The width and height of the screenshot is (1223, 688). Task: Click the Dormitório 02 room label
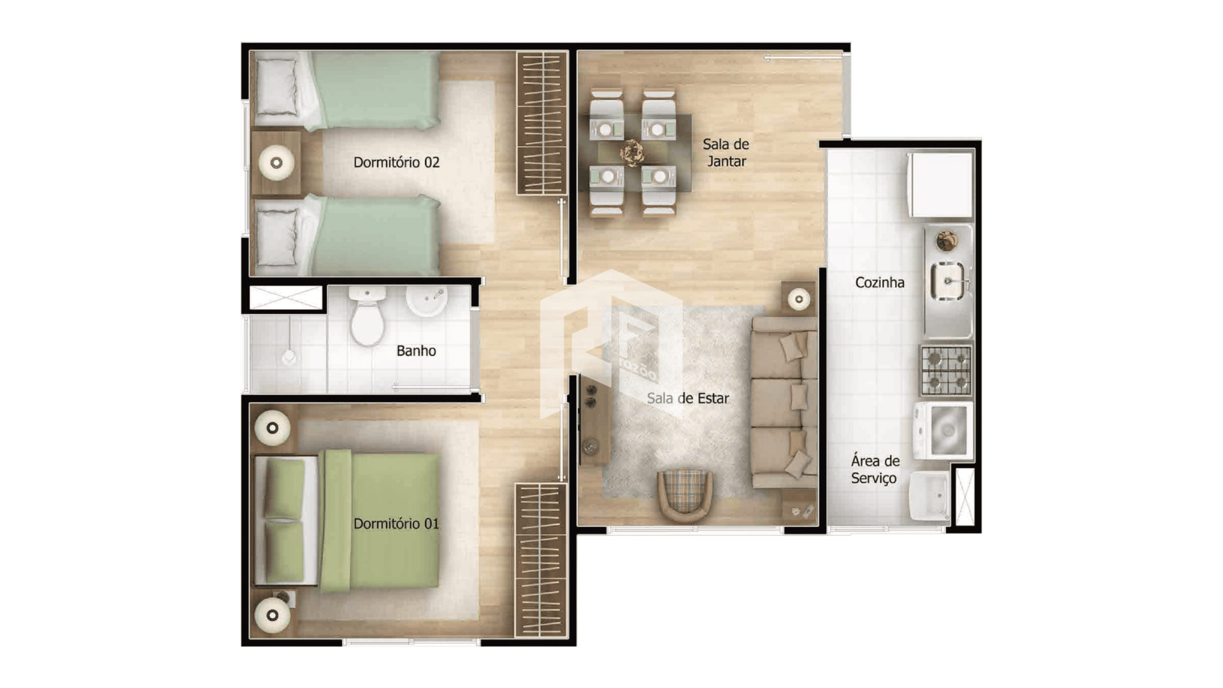point(396,162)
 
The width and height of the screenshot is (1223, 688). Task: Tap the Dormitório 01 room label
point(396,524)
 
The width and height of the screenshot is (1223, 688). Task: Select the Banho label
point(416,350)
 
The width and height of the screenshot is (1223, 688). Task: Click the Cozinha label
point(880,282)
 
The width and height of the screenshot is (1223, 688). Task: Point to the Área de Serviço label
point(875,469)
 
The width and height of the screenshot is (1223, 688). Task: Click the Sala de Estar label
point(688,398)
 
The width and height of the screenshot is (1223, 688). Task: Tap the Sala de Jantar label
point(726,153)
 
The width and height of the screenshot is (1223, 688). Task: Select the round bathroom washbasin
point(426,300)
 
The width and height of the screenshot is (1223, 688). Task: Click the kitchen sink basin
point(948,281)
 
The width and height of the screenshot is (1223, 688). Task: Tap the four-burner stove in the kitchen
point(946,370)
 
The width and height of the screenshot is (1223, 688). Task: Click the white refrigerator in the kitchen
point(940,185)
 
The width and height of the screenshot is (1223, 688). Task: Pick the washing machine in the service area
point(943,431)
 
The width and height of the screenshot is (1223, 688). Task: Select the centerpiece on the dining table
point(632,152)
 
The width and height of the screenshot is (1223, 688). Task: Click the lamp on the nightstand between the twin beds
point(276,162)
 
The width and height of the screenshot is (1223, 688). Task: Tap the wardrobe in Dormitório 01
point(541,560)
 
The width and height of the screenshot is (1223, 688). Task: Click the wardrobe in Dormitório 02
point(541,122)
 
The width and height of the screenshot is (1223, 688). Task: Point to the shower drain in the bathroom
point(289,357)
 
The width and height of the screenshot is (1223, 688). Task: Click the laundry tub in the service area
point(929,496)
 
